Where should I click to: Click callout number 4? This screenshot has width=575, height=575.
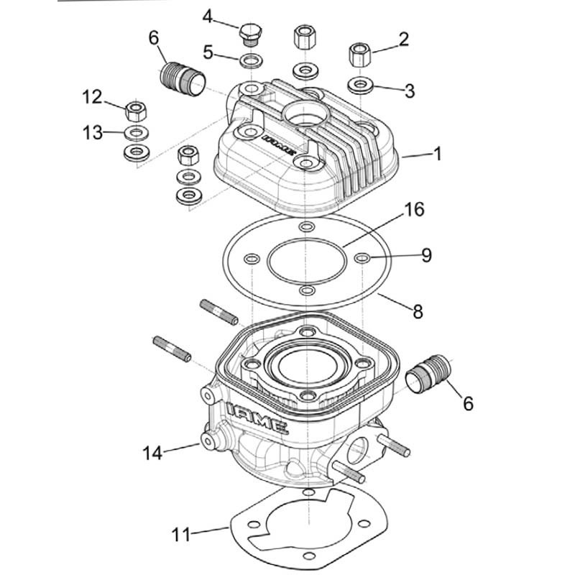[208, 15]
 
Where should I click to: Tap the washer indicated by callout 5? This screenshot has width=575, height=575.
[249, 60]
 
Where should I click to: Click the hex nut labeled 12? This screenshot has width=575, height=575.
[135, 111]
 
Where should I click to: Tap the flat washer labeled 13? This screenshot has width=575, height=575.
[135, 133]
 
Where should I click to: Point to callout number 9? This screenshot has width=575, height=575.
[426, 256]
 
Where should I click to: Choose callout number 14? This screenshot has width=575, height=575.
[153, 454]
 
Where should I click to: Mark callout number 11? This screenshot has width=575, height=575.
[182, 535]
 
